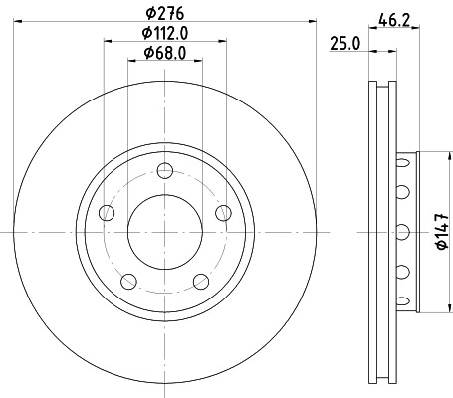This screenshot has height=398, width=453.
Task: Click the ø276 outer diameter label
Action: pos(164,13)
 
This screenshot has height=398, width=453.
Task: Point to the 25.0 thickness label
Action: pos(343,43)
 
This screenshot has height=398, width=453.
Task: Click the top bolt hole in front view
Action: pos(165,168)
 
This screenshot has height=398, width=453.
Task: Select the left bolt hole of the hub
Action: pos(106,211)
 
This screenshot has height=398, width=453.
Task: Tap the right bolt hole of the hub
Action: pos(223,211)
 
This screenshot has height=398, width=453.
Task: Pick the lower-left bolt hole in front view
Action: pos(127,280)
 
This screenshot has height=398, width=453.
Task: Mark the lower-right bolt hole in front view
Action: pos(201,280)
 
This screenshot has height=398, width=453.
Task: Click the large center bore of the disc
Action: pos(164,231)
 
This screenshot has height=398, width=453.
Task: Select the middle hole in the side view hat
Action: pos(403,232)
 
